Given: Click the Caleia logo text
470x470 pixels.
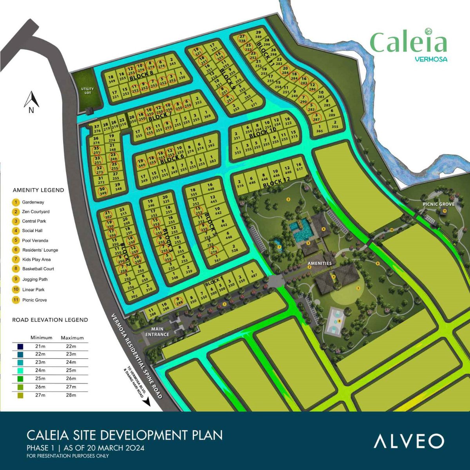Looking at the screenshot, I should [408, 43].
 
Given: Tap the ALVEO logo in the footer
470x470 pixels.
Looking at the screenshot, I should [409, 441].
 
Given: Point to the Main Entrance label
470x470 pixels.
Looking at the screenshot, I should [157, 332].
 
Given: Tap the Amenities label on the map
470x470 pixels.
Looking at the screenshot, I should [320, 264].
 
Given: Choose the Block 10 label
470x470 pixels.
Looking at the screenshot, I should [263, 131].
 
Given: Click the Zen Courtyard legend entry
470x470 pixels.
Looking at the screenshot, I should [36, 211].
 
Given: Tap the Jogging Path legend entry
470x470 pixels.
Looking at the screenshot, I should [35, 279].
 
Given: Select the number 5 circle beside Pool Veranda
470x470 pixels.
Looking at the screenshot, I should [16, 240].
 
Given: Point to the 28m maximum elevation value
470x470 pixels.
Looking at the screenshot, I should [71, 395].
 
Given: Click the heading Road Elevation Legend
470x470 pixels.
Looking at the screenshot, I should [50, 320].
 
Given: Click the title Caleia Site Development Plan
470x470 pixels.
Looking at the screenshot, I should [125, 435].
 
